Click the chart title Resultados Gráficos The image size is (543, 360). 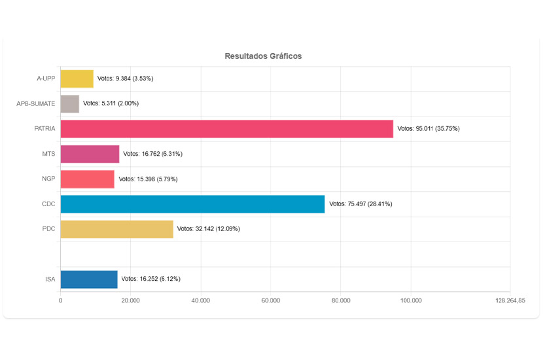(x=263, y=56)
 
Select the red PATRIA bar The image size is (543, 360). (x=226, y=129)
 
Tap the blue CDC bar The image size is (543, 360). (x=192, y=204)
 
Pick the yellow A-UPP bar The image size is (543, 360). (x=77, y=79)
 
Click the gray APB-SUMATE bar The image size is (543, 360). (x=69, y=103)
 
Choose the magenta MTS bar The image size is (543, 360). (x=90, y=154)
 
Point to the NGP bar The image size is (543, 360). (x=87, y=179)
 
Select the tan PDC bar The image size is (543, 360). (x=116, y=228)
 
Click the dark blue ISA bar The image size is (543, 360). (x=89, y=279)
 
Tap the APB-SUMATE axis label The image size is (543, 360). (x=35, y=103)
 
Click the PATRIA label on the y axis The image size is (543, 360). (x=44, y=129)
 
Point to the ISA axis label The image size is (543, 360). (x=50, y=279)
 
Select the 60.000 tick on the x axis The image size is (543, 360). (x=271, y=300)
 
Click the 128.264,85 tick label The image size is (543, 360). (x=510, y=300)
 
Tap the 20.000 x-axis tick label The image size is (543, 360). (x=130, y=300)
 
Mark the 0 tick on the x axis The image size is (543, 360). (x=60, y=300)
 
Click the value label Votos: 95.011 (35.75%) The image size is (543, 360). (x=429, y=129)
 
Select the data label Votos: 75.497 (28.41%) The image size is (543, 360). (x=360, y=204)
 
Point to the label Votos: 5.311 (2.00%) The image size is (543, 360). (x=111, y=103)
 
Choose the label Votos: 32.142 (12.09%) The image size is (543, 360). (x=209, y=228)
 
